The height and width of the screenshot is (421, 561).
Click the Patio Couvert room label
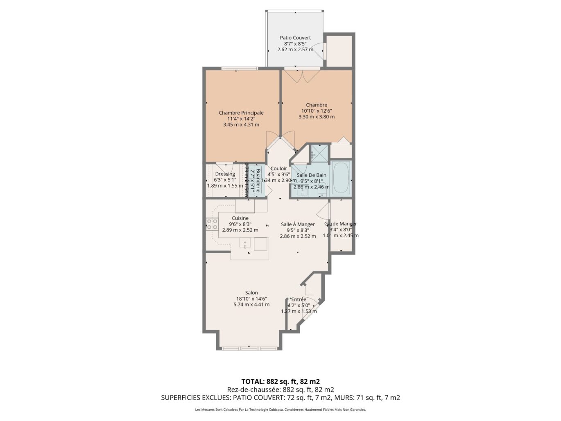295,38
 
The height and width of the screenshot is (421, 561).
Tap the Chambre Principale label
241,113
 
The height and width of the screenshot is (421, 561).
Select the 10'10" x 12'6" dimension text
316,111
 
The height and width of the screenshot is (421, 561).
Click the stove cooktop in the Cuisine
212,224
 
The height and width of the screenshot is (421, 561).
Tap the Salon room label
251,293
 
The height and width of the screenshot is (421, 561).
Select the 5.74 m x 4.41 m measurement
251,304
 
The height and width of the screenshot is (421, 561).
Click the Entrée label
299,299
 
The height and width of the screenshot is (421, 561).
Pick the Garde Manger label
341,224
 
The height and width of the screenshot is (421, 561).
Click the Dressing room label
225,174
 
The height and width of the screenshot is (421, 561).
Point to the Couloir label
278,169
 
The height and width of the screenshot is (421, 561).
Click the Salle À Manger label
298,224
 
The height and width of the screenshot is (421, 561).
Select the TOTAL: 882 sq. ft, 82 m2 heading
280,382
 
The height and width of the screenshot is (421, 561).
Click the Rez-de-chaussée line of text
280,389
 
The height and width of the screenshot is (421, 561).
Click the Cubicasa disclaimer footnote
280,410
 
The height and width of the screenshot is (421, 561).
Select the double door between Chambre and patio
302,75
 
